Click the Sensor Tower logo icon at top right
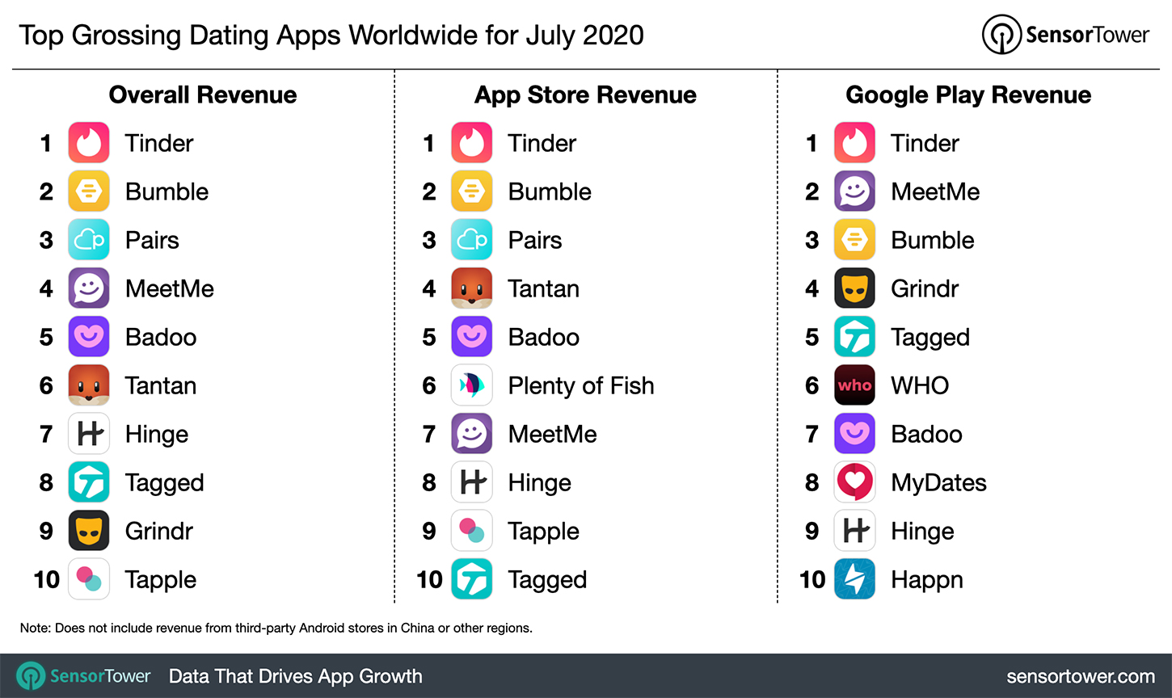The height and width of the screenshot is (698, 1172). point(1001,35)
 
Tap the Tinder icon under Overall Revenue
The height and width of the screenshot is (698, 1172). point(89,143)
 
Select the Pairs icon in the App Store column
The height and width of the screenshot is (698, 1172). point(472,240)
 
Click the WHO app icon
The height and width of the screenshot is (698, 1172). point(854,385)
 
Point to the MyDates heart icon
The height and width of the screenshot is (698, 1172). point(854,482)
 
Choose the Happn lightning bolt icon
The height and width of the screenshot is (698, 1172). point(854,579)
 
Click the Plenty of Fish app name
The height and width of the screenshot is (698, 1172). point(580,386)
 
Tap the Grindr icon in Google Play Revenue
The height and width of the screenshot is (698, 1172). point(854,288)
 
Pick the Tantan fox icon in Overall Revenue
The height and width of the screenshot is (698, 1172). point(89,385)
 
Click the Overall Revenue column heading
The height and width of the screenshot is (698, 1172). point(203,95)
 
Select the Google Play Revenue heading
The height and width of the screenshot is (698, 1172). point(968,95)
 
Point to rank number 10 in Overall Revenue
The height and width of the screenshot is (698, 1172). point(47,579)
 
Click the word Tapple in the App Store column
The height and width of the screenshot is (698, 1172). point(543,532)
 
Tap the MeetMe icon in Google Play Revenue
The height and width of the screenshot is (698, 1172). point(854,191)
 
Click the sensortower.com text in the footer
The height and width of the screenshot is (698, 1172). point(1080,676)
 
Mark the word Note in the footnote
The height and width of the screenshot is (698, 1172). point(34,628)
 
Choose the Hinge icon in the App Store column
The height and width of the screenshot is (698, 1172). point(472,482)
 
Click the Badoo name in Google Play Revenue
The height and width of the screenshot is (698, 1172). point(926,435)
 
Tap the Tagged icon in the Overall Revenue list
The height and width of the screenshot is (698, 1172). point(89,482)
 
